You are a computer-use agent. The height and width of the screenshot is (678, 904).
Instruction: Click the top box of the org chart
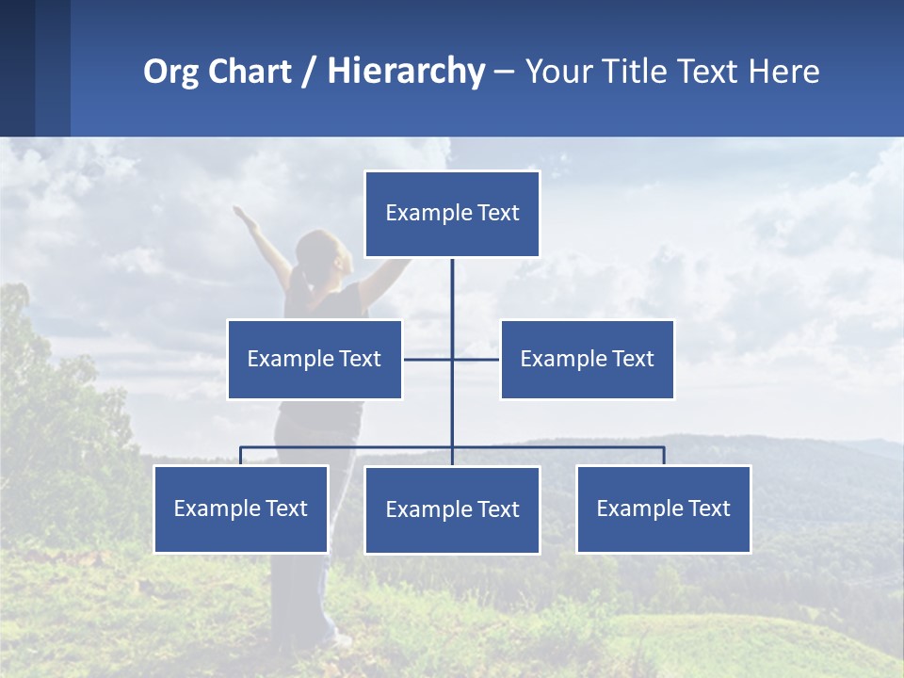pos(452,214)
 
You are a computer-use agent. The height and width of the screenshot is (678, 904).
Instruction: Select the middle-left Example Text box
pos(315,359)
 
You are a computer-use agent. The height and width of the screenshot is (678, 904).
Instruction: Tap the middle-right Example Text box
pos(588,359)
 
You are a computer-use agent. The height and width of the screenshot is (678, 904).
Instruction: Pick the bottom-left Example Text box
pos(241,508)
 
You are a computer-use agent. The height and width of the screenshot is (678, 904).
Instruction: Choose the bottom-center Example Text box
pos(452,509)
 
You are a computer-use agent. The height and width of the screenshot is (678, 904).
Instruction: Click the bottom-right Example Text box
pos(664,508)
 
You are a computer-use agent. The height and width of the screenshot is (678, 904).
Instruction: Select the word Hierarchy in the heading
pos(406,72)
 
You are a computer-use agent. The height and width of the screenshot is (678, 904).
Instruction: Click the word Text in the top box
pos(498,214)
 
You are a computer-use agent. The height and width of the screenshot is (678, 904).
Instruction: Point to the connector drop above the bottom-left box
pos(241,456)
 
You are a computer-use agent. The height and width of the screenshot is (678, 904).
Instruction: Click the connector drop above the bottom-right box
pos(664,456)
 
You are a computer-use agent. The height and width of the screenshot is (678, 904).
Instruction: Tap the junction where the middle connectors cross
pos(452,359)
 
